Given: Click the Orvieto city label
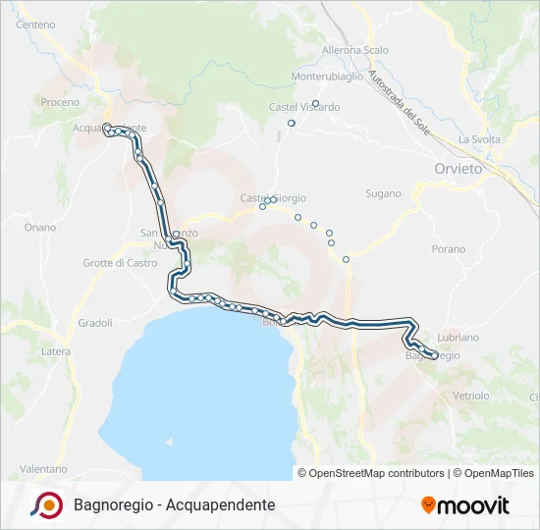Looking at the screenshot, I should pyautogui.click(x=459, y=169).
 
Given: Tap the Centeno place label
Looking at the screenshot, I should pyautogui.click(x=36, y=24).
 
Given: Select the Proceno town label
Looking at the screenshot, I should pyautogui.click(x=59, y=102).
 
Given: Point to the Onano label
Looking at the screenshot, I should pyautogui.click(x=40, y=227).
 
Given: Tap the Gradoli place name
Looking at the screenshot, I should pyautogui.click(x=95, y=322).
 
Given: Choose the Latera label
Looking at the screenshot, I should pyautogui.click(x=55, y=351).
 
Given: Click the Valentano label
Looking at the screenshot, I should pyautogui.click(x=43, y=469).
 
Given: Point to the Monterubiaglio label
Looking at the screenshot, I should pyautogui.click(x=328, y=76).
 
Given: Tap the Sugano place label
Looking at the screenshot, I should pyautogui.click(x=383, y=193).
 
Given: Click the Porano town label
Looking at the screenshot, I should pyautogui.click(x=448, y=249).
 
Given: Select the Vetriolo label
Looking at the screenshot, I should pyautogui.click(x=471, y=396).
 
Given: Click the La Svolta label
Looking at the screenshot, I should pyautogui.click(x=479, y=139).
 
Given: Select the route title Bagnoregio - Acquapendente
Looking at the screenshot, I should pyautogui.click(x=174, y=504).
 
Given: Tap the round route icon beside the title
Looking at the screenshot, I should pyautogui.click(x=46, y=504).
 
